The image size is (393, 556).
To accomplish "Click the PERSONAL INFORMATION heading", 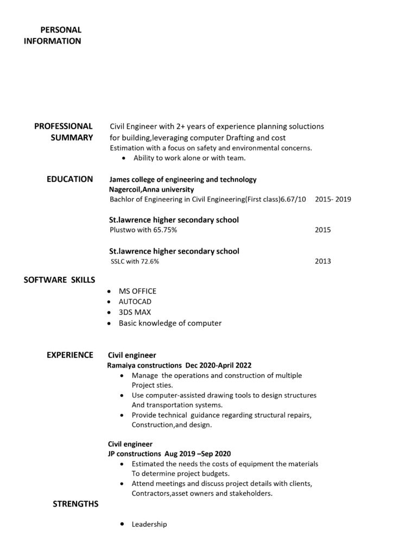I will click(53, 35).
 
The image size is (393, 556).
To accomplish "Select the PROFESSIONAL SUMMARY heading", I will click(64, 132).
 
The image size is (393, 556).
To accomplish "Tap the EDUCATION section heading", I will click(69, 179).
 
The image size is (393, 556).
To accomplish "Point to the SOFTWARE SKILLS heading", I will click(60, 280).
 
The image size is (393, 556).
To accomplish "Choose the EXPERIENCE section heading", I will click(69, 355).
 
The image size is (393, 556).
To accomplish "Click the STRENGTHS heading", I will click(75, 504).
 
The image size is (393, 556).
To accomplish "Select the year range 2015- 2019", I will click(333, 199).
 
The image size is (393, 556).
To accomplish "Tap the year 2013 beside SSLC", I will click(322, 261).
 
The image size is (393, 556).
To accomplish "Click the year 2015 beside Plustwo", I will click(322, 230).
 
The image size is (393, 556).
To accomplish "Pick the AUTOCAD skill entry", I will click(135, 301).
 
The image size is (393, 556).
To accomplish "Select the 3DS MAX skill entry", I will click(135, 312).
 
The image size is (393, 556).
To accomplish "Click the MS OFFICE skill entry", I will click(137, 291).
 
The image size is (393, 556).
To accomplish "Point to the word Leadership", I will click(149, 525).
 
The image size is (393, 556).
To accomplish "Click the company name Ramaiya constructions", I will click(144, 365).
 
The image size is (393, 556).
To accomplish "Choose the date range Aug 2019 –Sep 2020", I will click(198, 453).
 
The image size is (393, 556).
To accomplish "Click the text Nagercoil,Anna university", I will click(151, 189).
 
